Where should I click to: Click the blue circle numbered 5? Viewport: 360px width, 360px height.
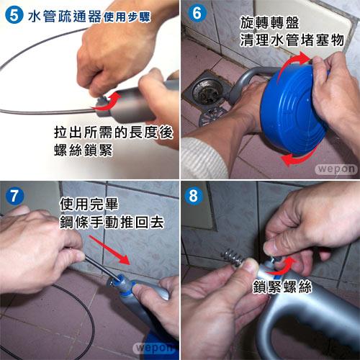[x=14, y=15]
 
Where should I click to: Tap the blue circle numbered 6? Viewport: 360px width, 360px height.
[x=197, y=13]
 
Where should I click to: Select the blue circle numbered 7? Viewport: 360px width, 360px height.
[x=14, y=196]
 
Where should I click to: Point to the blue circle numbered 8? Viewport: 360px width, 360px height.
[x=194, y=196]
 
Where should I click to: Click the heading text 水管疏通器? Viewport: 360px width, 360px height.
[x=65, y=17]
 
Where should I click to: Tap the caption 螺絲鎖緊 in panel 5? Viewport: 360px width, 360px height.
[x=84, y=150]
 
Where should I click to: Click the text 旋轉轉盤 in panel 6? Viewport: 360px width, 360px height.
[x=269, y=23]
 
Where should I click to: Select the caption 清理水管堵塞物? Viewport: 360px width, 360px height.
[x=292, y=40]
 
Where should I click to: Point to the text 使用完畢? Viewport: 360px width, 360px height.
[x=89, y=204]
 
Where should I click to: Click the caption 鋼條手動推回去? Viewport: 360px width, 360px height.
[x=112, y=222]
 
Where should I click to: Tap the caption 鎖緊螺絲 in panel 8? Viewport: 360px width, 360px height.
[x=282, y=287]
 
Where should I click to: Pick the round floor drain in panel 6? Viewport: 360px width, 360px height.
[x=206, y=91]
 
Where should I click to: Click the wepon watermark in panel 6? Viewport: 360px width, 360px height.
[x=336, y=169]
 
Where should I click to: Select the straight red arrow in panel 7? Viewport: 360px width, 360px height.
[x=109, y=250]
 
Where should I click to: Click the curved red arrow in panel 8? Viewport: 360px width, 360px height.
[x=282, y=269]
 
